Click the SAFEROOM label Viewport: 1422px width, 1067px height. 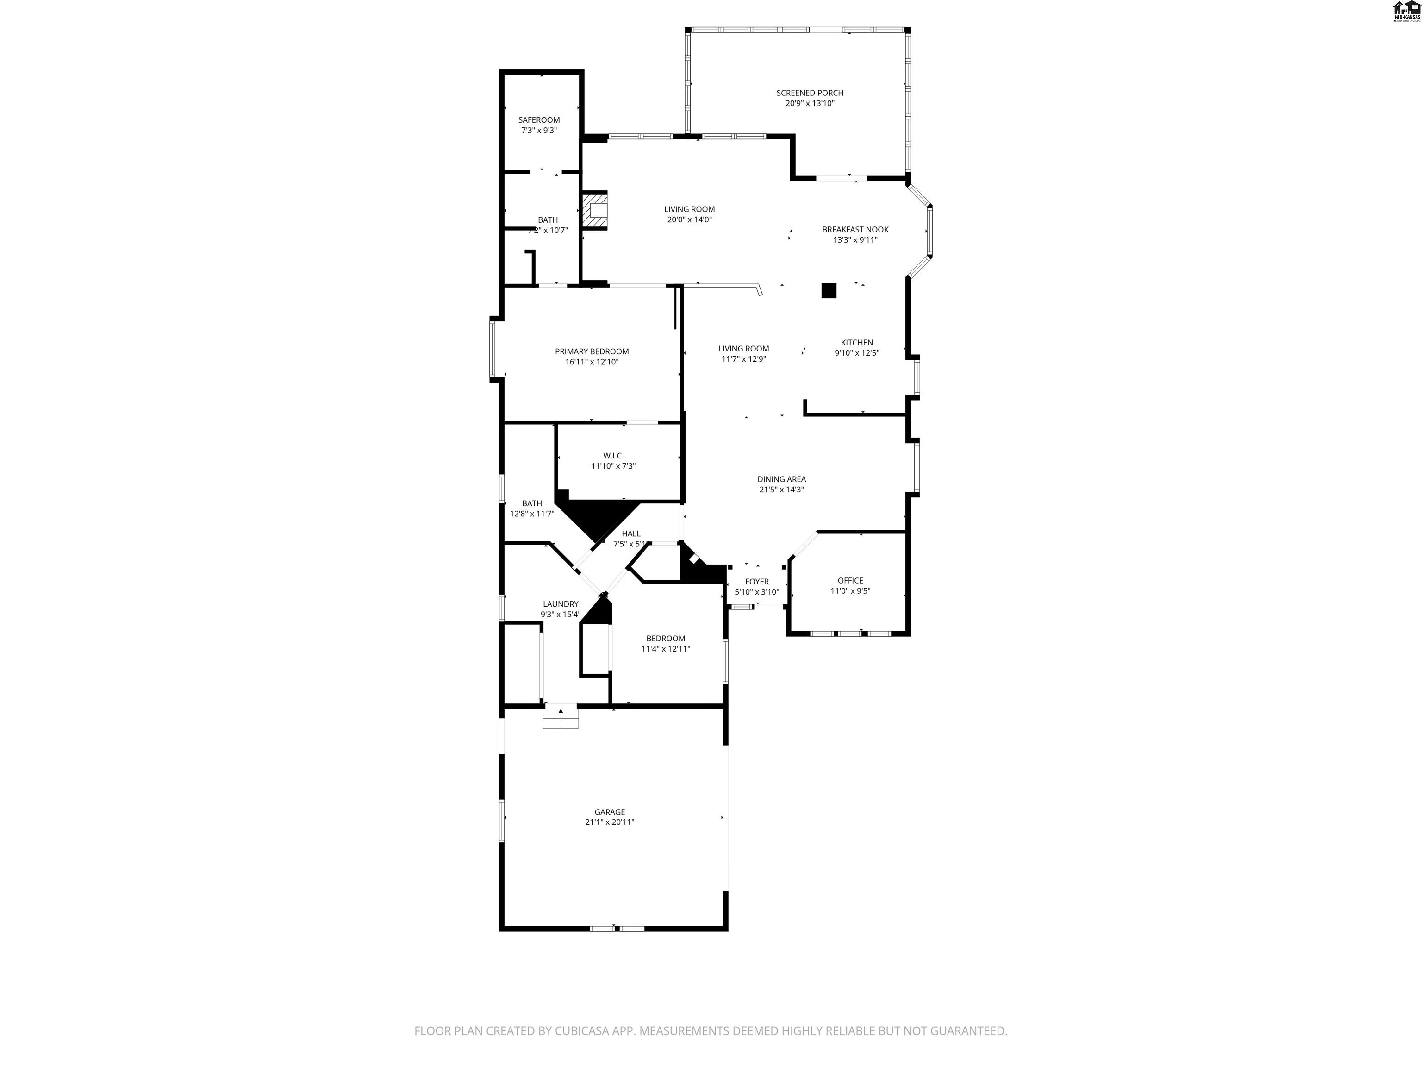(x=539, y=119)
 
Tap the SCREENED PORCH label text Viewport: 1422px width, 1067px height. (x=809, y=93)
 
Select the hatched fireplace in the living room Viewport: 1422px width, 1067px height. (x=595, y=210)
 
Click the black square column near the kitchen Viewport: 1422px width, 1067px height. (x=829, y=291)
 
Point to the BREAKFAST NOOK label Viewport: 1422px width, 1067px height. (x=855, y=230)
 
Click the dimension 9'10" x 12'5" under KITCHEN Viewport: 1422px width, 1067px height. (x=856, y=353)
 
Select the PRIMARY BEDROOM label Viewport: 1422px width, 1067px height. (x=592, y=351)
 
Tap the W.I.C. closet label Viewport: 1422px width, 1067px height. (x=613, y=455)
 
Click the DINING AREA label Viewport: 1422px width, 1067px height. (x=781, y=479)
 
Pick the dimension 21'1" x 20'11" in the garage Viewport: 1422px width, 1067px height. (x=610, y=822)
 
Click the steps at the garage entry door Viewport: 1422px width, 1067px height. (x=561, y=718)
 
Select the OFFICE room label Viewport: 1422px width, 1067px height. (x=850, y=580)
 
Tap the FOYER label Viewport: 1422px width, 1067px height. (x=757, y=581)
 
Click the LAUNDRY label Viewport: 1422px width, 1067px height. (x=560, y=604)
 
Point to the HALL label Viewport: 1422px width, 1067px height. (x=630, y=533)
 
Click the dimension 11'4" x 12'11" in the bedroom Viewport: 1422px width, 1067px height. (x=665, y=649)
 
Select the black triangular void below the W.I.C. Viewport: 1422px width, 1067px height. (x=595, y=518)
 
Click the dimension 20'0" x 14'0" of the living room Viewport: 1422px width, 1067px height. (x=689, y=220)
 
